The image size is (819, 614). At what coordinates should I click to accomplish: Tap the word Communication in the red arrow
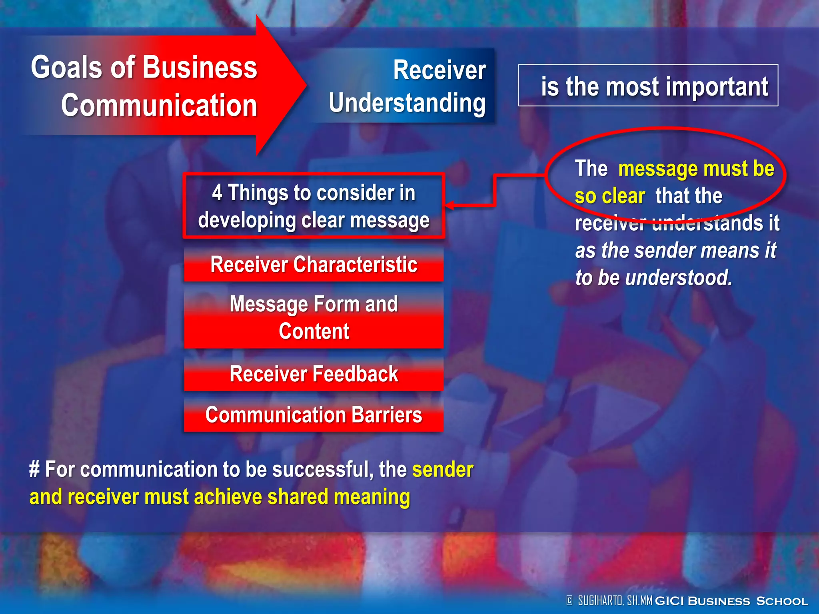(x=159, y=105)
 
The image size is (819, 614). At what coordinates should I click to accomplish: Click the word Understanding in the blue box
(x=407, y=103)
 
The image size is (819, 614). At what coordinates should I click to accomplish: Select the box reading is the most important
(x=648, y=86)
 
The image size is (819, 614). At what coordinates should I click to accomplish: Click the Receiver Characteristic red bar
(x=314, y=265)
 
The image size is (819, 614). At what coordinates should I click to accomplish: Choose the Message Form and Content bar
(x=314, y=318)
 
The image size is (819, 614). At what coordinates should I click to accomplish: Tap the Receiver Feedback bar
(x=314, y=374)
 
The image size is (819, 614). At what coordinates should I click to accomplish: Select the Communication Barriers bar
(x=314, y=415)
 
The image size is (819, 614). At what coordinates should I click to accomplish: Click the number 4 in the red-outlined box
(x=217, y=193)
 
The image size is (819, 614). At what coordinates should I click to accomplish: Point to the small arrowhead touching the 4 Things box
(x=449, y=205)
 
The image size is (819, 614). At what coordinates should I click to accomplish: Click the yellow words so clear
(x=609, y=196)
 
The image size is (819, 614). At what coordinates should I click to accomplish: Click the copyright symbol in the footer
(x=569, y=600)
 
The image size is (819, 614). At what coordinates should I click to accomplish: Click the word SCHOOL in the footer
(x=782, y=601)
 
